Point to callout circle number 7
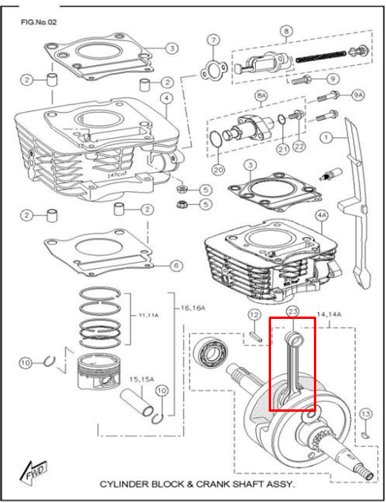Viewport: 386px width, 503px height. point(212,40)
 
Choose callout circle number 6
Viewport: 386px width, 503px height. point(175,265)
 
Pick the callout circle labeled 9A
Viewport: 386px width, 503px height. point(357,96)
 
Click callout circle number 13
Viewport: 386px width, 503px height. point(365,414)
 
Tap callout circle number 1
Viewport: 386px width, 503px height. point(326,137)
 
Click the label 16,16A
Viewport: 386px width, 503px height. point(195,307)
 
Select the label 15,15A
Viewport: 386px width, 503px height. point(143,379)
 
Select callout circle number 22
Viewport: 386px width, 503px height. point(299,145)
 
